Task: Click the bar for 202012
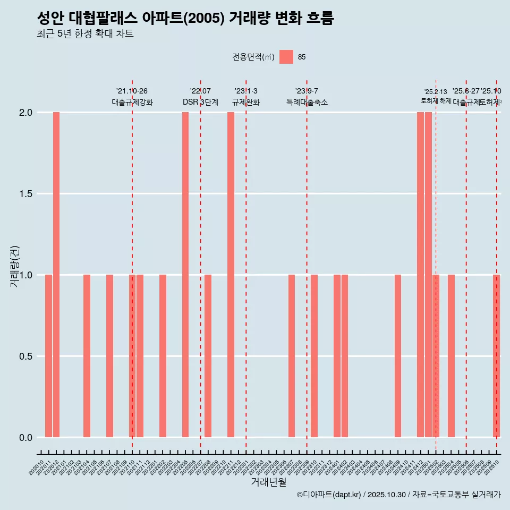coord(56,275)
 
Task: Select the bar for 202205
coord(185,275)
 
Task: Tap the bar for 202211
coord(231,275)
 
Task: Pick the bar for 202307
coord(292,356)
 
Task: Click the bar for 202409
coord(398,356)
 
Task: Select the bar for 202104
coord(87,356)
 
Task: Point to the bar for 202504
coord(451,356)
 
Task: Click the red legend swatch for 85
coord(286,57)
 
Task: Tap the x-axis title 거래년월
coord(268,482)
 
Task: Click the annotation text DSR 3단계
coord(200,102)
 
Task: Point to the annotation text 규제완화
coord(246,102)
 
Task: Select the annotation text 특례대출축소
coord(307,102)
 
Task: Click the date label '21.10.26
coord(132,91)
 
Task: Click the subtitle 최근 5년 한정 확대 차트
coord(85,34)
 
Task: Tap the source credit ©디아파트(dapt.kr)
coord(329,495)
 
